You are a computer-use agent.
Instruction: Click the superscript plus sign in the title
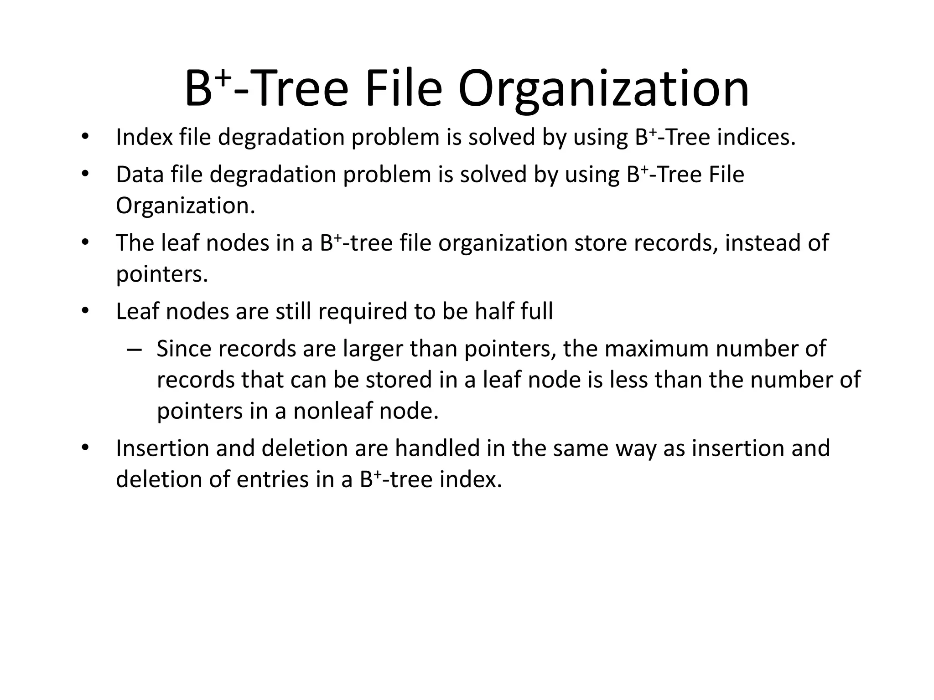[x=223, y=78]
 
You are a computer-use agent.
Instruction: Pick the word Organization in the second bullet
[x=185, y=206]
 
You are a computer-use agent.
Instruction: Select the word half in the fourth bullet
[x=494, y=312]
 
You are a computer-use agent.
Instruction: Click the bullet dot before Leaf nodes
[x=84, y=311]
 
